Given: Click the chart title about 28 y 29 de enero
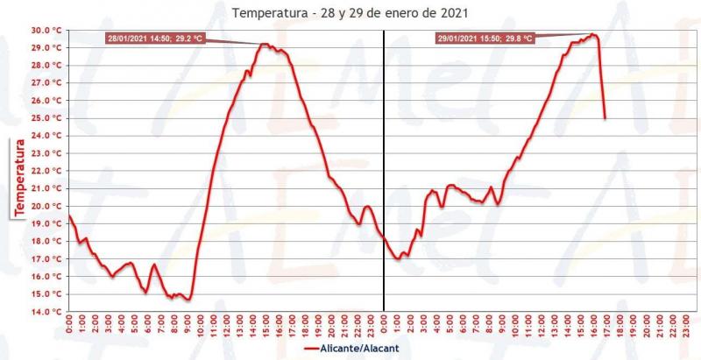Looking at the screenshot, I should point(350,13).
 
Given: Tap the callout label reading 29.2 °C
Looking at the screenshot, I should point(154,38).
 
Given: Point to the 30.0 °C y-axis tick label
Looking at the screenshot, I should point(46,30).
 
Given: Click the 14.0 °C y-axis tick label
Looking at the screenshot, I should point(46,312).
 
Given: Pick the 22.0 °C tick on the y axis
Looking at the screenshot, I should point(46,171).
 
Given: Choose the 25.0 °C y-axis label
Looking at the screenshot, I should point(46,118).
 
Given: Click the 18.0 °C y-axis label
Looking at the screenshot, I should point(46,241).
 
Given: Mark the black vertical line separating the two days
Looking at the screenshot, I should point(384,175).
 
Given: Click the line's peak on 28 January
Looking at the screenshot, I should point(264,44).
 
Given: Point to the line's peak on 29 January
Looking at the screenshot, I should point(593,34).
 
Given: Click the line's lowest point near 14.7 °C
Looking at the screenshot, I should point(188,300).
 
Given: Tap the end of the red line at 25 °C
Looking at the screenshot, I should point(605,118).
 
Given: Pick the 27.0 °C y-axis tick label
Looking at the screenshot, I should point(46,82).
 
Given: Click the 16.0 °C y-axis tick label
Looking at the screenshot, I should point(46,276).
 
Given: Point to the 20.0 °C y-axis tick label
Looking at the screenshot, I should point(46,206).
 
